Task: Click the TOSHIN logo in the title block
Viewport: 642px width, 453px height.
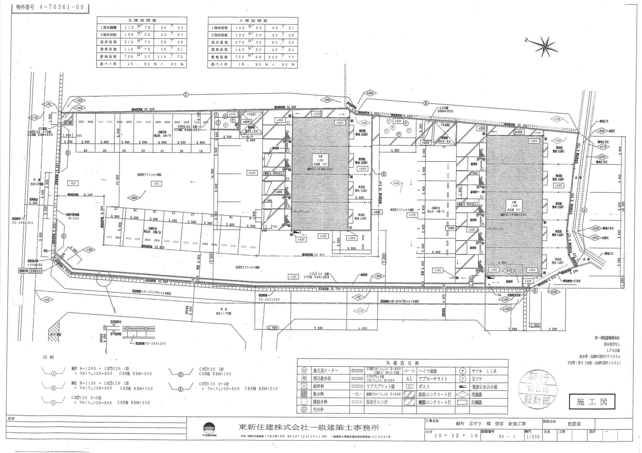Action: tap(209, 430)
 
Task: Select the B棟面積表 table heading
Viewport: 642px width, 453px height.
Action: tap(142, 20)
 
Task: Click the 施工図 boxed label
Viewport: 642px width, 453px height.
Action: tap(592, 402)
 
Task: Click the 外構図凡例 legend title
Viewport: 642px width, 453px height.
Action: tap(402, 363)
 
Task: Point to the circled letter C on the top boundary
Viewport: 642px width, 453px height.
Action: tap(186, 95)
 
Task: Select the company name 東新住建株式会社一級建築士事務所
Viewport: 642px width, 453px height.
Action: tap(309, 427)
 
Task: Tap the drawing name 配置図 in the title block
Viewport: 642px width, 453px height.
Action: tap(574, 424)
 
